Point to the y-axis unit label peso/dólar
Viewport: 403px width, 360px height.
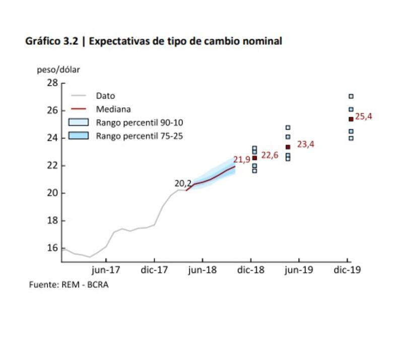(58, 69)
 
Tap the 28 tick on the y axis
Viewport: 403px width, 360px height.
(52, 83)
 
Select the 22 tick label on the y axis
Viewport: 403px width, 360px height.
(52, 166)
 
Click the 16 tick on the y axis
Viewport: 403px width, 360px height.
(52, 248)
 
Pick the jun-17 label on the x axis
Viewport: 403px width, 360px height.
(106, 270)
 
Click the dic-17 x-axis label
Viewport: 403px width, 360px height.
(154, 270)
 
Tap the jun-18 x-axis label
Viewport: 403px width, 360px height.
(203, 270)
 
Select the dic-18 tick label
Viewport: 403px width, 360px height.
(251, 270)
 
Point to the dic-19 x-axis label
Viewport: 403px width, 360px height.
(348, 270)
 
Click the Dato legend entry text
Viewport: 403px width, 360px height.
(105, 96)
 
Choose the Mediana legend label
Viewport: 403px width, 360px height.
(113, 109)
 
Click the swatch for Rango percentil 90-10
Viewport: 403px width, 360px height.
(79, 122)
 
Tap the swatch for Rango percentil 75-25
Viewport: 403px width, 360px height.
(79, 135)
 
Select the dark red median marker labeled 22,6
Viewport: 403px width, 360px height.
(254, 158)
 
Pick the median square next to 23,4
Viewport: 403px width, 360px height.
(288, 147)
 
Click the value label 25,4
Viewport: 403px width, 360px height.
(364, 117)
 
